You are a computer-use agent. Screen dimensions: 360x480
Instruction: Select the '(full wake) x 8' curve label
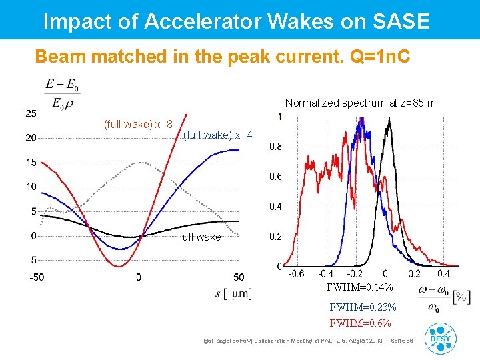pos(138,124)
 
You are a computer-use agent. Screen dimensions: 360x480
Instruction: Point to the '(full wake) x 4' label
pos(217,135)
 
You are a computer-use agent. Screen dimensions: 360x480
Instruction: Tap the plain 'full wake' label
pos(200,237)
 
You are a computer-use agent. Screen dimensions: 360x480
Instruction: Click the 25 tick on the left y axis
pos(31,113)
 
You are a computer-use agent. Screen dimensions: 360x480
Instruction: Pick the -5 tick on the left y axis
pos(31,260)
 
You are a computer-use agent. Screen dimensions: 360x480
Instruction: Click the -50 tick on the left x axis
pos(36,277)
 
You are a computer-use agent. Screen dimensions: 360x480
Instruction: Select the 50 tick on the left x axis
pos(239,277)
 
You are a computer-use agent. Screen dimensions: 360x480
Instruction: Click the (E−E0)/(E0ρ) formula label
pos(62,95)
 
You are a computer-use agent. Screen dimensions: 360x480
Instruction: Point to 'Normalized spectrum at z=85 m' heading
pos(360,103)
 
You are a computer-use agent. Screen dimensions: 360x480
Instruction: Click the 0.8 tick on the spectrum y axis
pos(274,147)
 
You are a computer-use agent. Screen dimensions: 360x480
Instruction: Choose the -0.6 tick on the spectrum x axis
pos(296,273)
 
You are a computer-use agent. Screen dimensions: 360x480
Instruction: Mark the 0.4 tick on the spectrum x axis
pos(443,273)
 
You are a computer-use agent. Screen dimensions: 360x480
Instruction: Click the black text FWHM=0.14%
pos(359,287)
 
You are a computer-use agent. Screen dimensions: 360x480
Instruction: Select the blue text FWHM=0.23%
pos(363,307)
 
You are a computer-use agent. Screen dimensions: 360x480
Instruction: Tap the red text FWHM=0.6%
pos(360,323)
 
